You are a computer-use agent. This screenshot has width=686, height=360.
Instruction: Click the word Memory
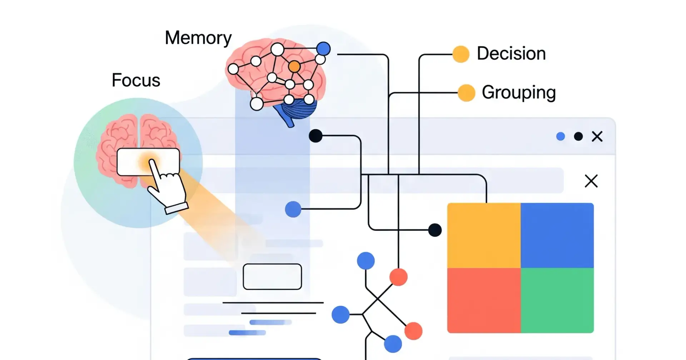click(x=198, y=38)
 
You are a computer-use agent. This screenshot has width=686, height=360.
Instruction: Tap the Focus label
click(x=136, y=80)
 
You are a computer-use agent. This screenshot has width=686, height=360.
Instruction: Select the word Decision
click(x=511, y=54)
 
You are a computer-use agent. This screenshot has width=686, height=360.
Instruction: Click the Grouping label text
click(x=518, y=92)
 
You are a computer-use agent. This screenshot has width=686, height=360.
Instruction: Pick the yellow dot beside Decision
click(x=461, y=54)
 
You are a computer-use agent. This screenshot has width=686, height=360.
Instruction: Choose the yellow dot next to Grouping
click(x=466, y=93)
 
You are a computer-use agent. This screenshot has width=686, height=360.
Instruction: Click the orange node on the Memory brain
click(x=294, y=66)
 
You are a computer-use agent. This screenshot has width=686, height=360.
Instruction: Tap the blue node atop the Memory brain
click(x=323, y=49)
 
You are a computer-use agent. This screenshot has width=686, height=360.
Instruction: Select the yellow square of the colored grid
click(x=484, y=235)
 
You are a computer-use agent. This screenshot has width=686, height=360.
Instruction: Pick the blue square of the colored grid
click(x=557, y=235)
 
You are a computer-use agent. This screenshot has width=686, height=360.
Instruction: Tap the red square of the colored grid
click(x=484, y=300)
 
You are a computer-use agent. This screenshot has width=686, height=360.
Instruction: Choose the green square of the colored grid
click(x=557, y=300)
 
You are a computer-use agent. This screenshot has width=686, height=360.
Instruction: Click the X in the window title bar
click(x=597, y=136)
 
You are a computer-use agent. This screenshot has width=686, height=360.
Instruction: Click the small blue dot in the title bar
click(x=561, y=136)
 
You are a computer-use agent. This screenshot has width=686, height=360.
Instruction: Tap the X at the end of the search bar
click(x=591, y=181)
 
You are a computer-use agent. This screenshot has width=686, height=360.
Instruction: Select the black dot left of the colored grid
click(x=435, y=230)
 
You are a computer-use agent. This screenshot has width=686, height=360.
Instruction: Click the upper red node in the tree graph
click(x=398, y=277)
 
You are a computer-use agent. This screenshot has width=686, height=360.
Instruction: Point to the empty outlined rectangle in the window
click(x=272, y=276)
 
